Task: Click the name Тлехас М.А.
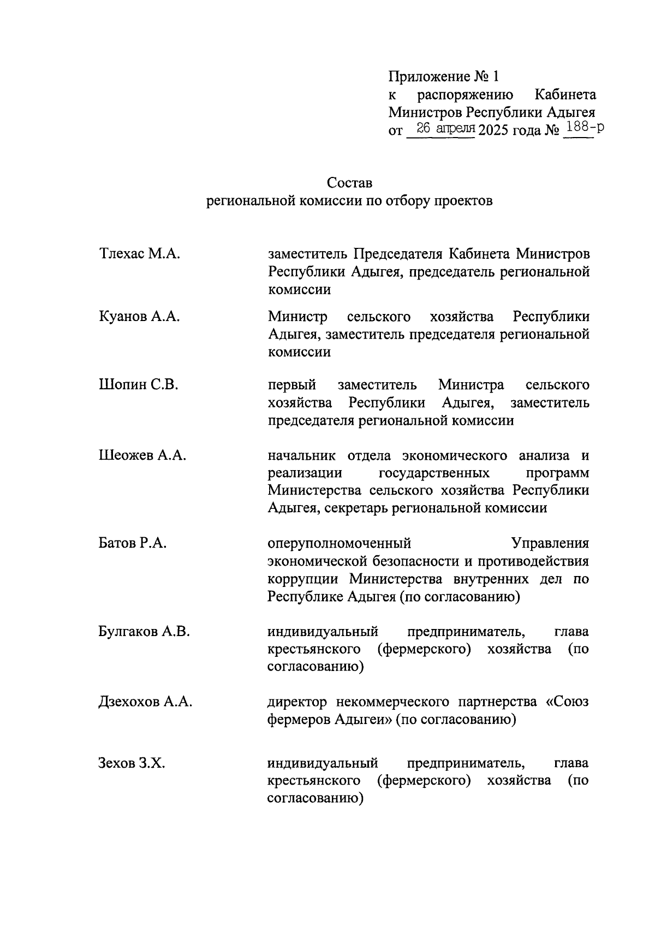point(139,254)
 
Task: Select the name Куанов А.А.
point(139,317)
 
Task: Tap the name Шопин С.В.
point(138,385)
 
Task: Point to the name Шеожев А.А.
point(142,455)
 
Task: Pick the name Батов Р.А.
point(133,543)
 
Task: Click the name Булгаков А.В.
point(144,632)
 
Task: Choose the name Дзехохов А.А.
point(145,702)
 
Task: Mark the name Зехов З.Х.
point(132,763)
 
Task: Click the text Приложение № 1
point(444,76)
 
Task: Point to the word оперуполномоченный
point(339,543)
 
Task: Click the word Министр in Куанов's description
point(297,317)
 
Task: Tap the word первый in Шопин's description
point(292,385)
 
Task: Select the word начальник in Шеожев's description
point(303,455)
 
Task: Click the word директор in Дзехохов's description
point(297,702)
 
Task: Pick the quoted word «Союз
point(567,702)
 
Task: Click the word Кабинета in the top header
point(565,94)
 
